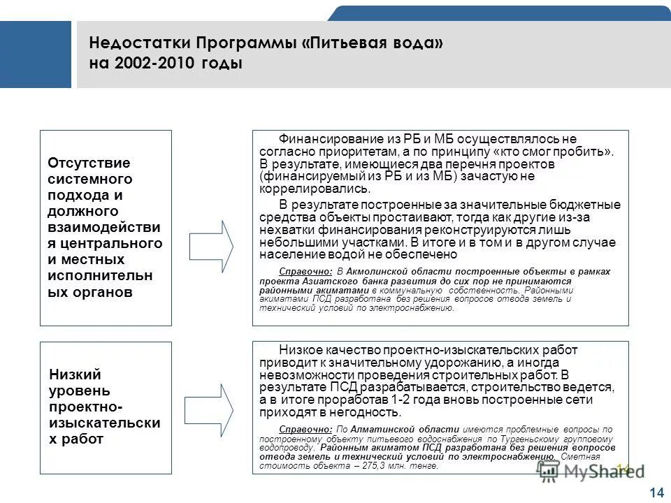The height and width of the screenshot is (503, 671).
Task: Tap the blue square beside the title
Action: [x=35, y=54]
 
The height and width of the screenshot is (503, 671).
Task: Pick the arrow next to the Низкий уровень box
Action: [x=211, y=408]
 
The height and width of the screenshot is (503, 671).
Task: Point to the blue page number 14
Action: [x=656, y=493]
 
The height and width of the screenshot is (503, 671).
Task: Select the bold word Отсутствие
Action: [x=89, y=163]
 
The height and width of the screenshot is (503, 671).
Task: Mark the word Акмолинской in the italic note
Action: [x=379, y=271]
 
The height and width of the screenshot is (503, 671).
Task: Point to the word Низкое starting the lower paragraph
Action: [x=301, y=349]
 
